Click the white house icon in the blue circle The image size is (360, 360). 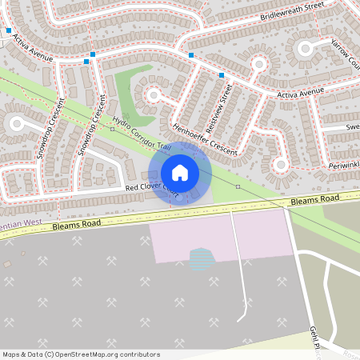point(180,172)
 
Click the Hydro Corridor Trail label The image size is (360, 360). point(142,134)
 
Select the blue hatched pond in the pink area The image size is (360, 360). point(202,258)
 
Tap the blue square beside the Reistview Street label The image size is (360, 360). point(222,75)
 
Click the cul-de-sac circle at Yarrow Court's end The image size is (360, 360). point(305,49)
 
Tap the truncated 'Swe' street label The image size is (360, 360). point(352,127)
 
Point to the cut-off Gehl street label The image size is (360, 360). point(314,336)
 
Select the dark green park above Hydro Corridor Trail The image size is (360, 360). point(127,94)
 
